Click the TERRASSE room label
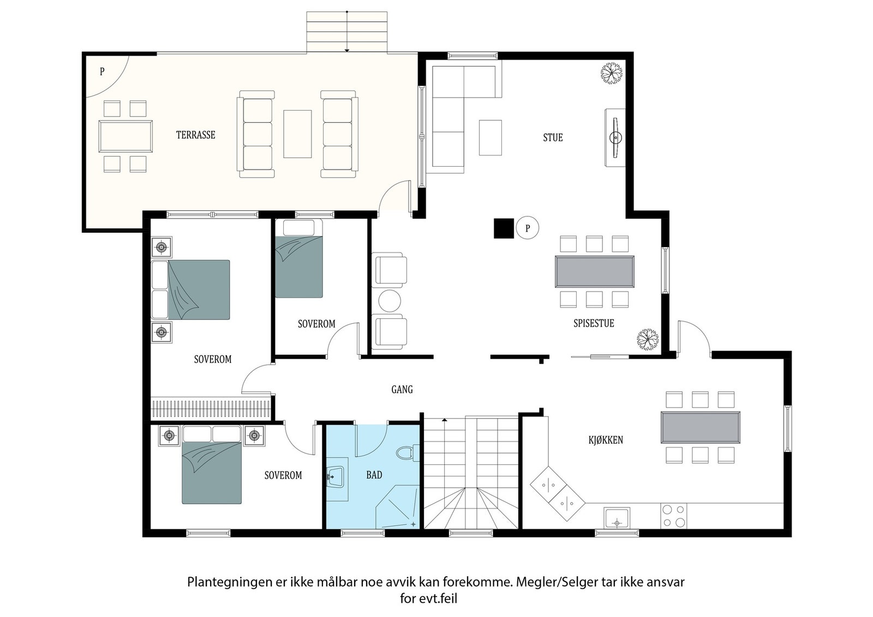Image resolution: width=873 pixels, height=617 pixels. (x=196, y=135)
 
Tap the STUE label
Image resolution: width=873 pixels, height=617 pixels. (x=553, y=137)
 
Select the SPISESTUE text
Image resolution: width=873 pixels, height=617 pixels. (x=594, y=323)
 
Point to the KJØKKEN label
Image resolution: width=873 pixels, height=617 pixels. (x=606, y=440)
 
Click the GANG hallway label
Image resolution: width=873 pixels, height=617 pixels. (x=402, y=389)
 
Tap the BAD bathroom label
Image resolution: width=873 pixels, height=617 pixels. (x=374, y=475)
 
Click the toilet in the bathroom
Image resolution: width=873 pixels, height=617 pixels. (x=408, y=453)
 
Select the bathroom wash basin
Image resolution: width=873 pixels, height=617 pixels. (x=335, y=476)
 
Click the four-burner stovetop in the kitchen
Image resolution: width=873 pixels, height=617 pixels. (x=673, y=516)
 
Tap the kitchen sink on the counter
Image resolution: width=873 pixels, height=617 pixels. (x=617, y=518)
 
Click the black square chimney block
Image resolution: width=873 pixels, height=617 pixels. (x=504, y=228)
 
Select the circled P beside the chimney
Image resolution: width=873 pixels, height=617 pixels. (x=527, y=228)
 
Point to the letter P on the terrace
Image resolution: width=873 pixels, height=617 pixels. (x=102, y=71)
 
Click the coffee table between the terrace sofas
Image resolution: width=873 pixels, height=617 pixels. (x=297, y=134)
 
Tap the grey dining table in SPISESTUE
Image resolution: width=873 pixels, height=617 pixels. (x=594, y=272)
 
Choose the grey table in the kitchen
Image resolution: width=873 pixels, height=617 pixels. (x=701, y=427)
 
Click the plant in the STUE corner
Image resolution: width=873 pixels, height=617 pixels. (x=612, y=73)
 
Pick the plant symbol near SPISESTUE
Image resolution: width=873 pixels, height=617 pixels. (x=648, y=339)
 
